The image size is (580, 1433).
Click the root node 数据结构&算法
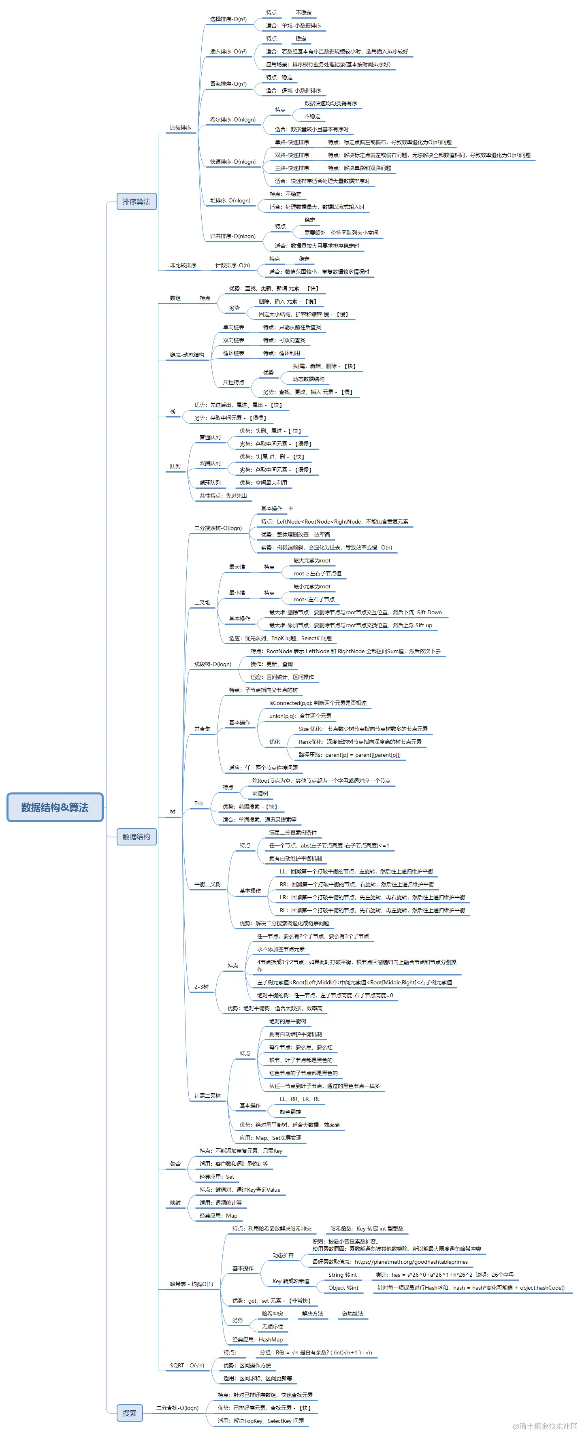(x=55, y=807)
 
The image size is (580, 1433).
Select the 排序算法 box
(x=136, y=201)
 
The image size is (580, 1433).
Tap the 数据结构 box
(x=136, y=837)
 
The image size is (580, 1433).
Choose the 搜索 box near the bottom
(x=130, y=1413)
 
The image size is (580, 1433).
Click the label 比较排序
(x=180, y=128)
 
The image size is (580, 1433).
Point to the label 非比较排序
(x=183, y=265)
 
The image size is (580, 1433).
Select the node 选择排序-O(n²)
(x=228, y=19)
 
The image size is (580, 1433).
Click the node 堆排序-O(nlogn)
(x=230, y=201)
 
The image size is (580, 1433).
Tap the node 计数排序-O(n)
(x=232, y=265)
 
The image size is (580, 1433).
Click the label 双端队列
(x=210, y=463)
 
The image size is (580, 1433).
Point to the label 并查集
(x=202, y=729)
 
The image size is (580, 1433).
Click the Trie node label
(x=199, y=803)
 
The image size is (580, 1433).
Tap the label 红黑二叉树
(x=207, y=1096)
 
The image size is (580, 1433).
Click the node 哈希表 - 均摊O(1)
(x=192, y=1284)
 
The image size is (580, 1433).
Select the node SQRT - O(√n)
(x=187, y=1365)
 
